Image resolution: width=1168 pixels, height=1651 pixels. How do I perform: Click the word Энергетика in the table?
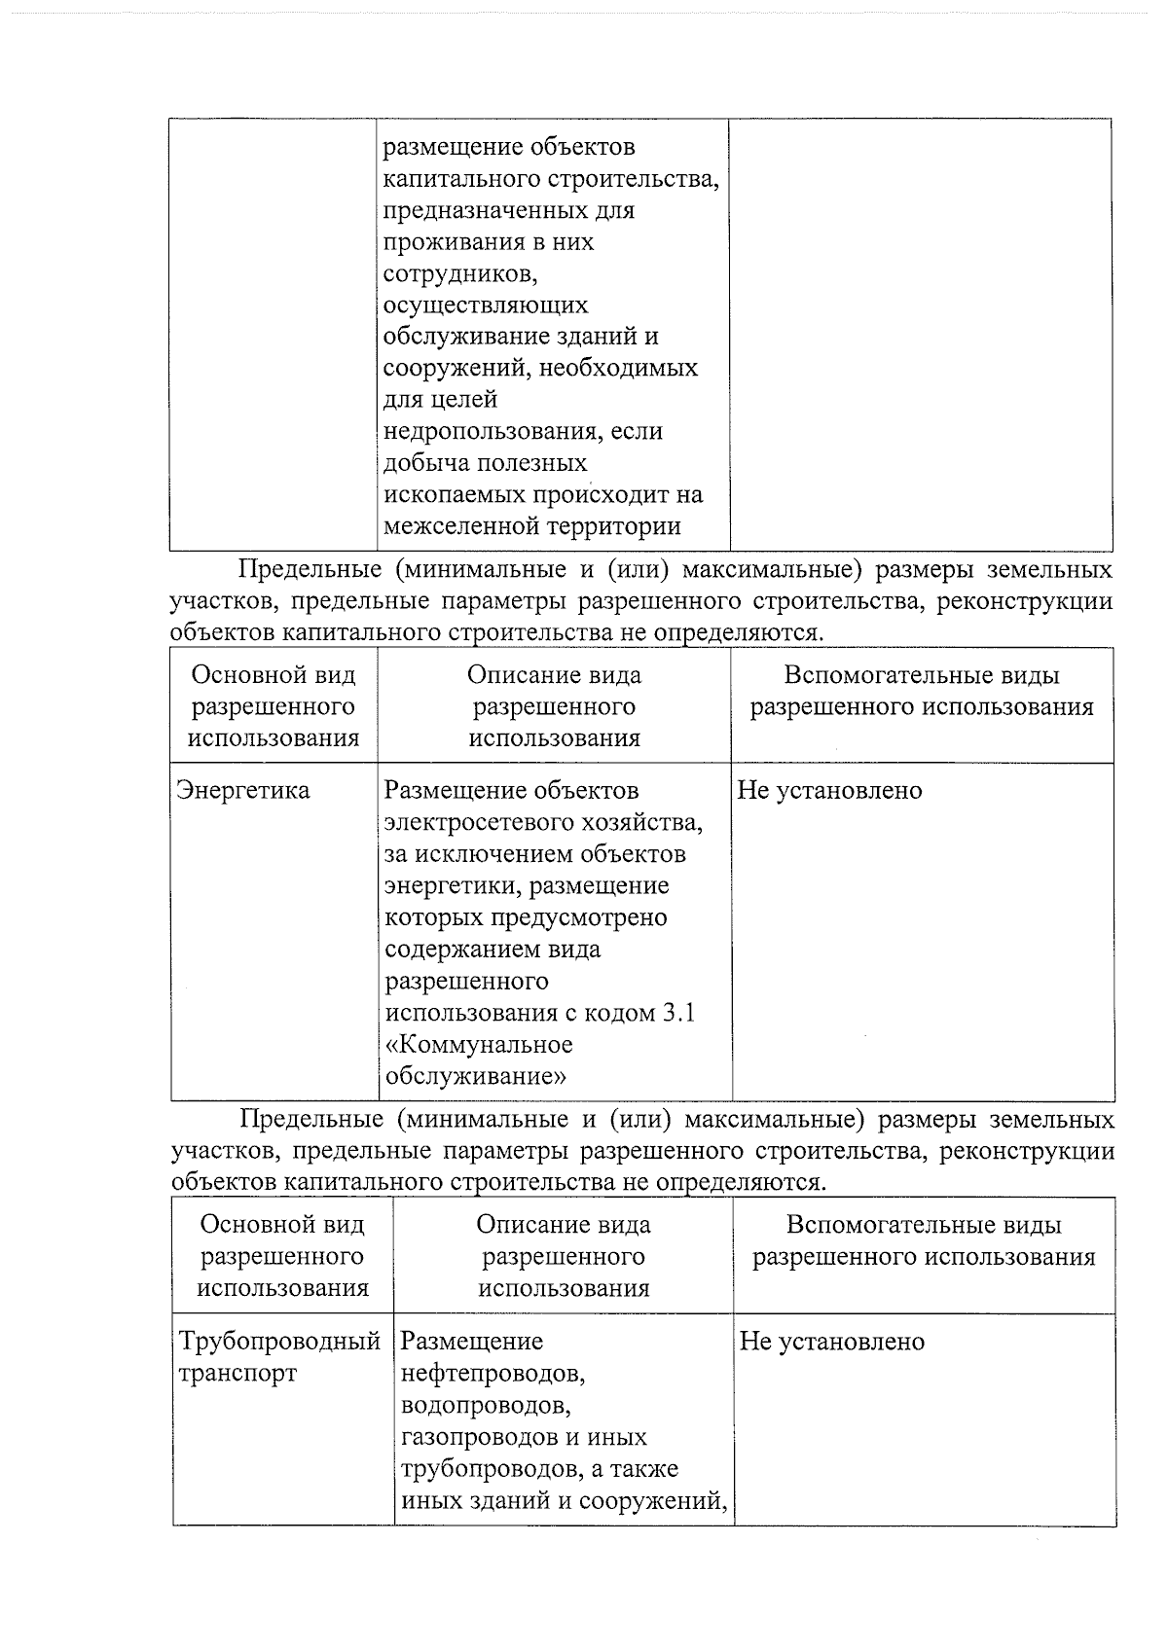click(242, 790)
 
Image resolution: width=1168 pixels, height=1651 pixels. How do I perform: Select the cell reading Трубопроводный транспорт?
click(278, 1357)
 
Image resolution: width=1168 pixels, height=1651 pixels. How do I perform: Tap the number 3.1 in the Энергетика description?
click(679, 1013)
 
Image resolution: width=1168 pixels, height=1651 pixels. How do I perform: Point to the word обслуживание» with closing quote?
click(476, 1077)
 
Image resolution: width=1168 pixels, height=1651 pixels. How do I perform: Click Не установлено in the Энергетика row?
click(829, 790)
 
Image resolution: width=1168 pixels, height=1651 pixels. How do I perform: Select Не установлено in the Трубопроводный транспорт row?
click(831, 1342)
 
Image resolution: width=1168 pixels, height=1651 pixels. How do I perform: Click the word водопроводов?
click(485, 1406)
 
